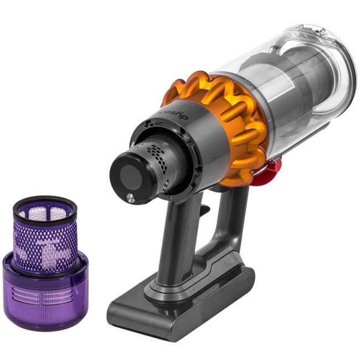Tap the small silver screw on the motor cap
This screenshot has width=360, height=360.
(x=130, y=198)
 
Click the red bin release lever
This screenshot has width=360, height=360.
(x=272, y=164)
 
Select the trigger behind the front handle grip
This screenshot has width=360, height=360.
(x=204, y=210)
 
